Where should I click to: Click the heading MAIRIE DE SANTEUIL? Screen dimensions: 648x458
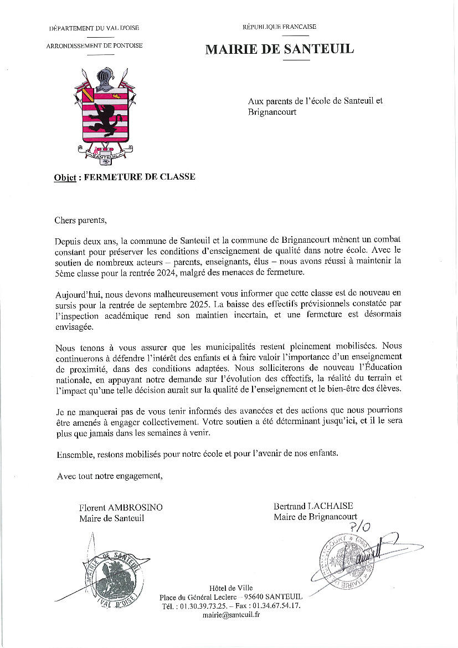(x=279, y=49)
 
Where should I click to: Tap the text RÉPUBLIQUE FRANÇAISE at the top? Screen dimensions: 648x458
(x=279, y=27)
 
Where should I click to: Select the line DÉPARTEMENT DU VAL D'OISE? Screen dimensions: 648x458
(x=94, y=28)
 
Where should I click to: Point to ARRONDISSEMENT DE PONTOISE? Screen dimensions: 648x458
(x=94, y=45)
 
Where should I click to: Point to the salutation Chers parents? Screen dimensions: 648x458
(x=80, y=221)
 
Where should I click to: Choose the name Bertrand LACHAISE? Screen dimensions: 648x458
(x=313, y=506)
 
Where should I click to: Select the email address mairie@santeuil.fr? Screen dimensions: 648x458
(x=231, y=614)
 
